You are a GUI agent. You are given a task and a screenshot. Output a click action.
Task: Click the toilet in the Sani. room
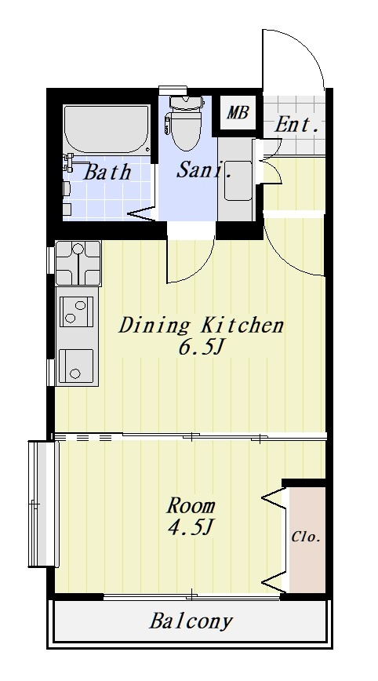[187, 123]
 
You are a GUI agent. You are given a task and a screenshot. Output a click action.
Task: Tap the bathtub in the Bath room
[107, 129]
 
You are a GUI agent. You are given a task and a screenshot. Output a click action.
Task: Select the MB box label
[238, 112]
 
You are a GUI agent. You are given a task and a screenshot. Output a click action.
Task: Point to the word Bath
[107, 172]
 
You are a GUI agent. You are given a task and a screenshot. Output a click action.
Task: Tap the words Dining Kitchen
[201, 326]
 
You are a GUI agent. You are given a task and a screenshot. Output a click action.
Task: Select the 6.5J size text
[200, 347]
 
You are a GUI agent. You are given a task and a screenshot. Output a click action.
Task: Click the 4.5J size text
[190, 526]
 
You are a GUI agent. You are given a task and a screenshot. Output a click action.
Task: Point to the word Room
[191, 506]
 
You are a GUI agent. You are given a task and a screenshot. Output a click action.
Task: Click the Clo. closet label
[306, 537]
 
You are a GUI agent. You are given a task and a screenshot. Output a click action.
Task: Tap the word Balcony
[191, 621]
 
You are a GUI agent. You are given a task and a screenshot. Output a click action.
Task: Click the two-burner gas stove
[78, 311]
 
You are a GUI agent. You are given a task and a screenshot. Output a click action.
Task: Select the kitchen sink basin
[76, 366]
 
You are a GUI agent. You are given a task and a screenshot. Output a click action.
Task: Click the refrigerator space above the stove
[78, 263]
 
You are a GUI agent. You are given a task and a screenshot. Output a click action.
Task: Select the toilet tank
[187, 103]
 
